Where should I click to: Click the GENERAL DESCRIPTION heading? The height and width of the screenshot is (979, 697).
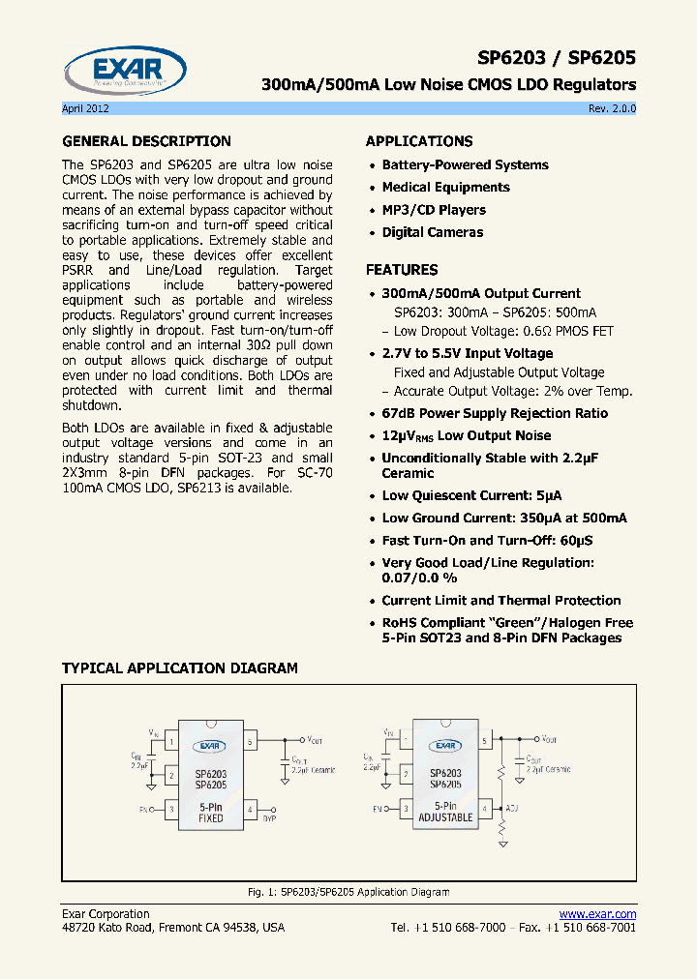coord(146,141)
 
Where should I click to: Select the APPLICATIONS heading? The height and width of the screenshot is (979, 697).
coord(419,141)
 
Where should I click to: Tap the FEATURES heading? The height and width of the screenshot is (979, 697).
coord(402,270)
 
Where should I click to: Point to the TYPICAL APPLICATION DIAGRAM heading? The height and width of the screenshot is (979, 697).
coord(180,668)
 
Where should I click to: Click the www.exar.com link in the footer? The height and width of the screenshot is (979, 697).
coord(597,914)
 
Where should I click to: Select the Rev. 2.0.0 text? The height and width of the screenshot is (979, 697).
coord(612,108)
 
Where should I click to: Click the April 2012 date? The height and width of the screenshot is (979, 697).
coord(85,108)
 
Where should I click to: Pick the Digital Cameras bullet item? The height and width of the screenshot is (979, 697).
coord(432,232)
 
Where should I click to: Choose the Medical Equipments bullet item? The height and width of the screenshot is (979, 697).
coord(445,188)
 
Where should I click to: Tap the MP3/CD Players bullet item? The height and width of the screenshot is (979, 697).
coord(434,210)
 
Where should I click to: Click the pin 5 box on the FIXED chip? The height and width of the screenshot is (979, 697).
coord(250,742)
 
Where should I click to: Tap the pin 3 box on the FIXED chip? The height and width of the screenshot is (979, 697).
coord(170,808)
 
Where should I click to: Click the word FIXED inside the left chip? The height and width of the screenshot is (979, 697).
coord(210,818)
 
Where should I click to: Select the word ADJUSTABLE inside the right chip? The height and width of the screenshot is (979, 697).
coord(445,817)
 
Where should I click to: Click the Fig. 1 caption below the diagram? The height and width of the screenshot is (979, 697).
coord(348,892)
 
